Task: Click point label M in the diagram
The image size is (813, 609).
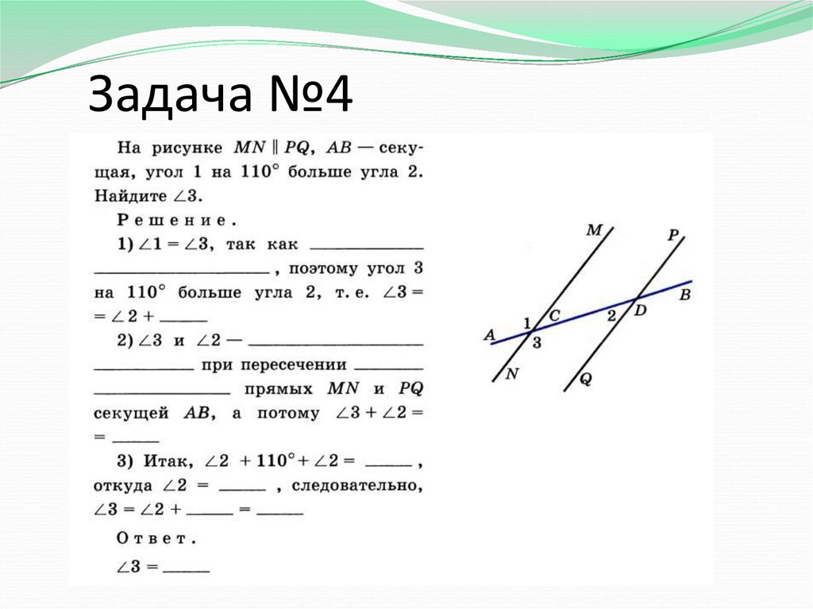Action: point(594,231)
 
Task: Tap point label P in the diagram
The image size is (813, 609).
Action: point(672,234)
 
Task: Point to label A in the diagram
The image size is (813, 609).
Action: point(488,335)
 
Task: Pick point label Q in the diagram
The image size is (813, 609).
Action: point(585,379)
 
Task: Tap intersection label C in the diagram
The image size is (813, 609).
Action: point(554,316)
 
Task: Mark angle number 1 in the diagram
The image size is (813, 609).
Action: point(526,322)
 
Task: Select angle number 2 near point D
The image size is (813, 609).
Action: point(611,315)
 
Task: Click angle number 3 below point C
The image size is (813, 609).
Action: point(537,342)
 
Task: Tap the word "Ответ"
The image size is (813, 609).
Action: point(156,538)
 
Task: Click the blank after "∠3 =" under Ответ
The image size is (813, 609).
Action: point(187,569)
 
